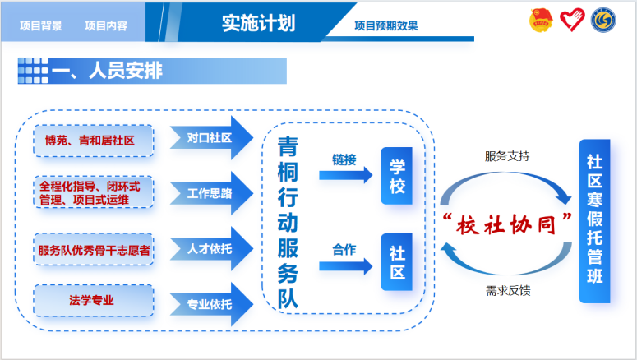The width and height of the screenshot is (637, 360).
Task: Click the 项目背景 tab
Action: click(41, 26)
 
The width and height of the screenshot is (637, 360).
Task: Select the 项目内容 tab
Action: click(106, 26)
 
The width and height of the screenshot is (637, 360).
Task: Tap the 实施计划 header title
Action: click(258, 23)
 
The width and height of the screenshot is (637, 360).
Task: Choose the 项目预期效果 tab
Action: click(386, 26)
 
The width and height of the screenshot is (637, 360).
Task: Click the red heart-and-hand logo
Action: click(572, 20)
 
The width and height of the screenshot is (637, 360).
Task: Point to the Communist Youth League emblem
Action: click(541, 21)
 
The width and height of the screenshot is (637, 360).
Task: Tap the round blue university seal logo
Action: click(603, 21)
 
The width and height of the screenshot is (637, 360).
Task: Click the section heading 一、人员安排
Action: click(107, 71)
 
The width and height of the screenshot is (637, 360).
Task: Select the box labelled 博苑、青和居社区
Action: click(94, 141)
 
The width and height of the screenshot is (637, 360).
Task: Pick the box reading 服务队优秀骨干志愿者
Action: click(94, 250)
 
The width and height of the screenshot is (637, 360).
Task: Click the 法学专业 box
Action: click(94, 301)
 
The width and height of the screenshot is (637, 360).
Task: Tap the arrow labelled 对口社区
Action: click(211, 138)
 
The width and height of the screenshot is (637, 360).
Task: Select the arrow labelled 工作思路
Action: click(211, 193)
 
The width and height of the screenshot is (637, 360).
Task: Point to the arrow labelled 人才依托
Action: click(211, 249)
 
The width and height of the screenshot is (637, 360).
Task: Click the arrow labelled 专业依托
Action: click(211, 304)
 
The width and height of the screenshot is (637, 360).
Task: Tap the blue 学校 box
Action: click(396, 176)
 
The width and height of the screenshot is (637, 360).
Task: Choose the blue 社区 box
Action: click(396, 262)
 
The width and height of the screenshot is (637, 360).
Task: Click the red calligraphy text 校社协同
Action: click(506, 224)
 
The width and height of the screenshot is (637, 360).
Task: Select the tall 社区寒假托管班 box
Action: click(595, 221)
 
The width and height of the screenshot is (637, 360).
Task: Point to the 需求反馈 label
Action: click(508, 290)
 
